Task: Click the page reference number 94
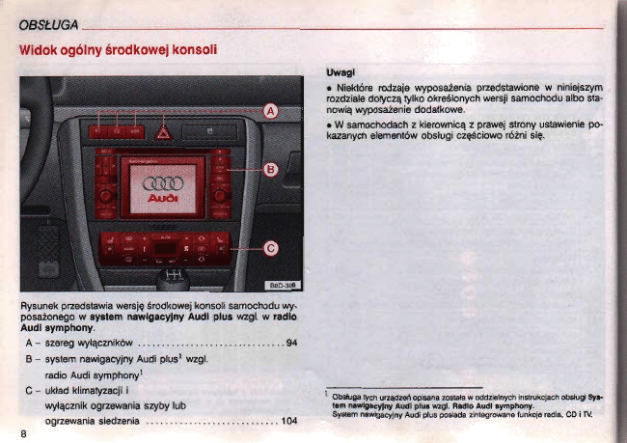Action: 291,344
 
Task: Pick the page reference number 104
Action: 288,422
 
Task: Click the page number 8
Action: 21,431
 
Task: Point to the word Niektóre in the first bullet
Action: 358,88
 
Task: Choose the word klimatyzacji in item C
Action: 98,391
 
